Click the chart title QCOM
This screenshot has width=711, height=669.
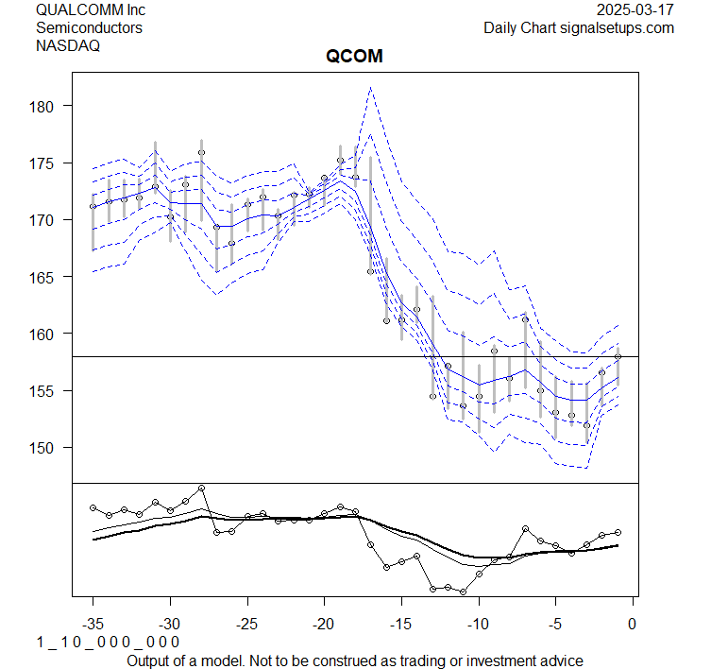[x=354, y=57]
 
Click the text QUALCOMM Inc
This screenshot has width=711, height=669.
[x=91, y=9]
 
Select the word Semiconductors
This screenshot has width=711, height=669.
[x=89, y=27]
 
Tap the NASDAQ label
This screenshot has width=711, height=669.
[x=68, y=45]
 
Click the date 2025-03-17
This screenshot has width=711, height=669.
[x=636, y=9]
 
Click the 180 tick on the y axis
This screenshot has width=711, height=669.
[x=49, y=107]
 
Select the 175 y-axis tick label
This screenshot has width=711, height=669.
[x=49, y=163]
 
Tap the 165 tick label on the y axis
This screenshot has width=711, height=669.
[x=49, y=277]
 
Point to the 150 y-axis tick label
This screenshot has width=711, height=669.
[x=49, y=447]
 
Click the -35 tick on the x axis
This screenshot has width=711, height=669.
[x=93, y=623]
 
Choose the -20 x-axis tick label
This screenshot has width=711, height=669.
[x=324, y=623]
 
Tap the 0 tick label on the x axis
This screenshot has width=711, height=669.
[x=632, y=623]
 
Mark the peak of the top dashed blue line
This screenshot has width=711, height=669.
[x=370, y=87]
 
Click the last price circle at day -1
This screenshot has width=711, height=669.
[x=618, y=356]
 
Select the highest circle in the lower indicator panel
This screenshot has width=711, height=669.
[x=201, y=488]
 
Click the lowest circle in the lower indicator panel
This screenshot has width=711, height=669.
[x=463, y=592]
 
